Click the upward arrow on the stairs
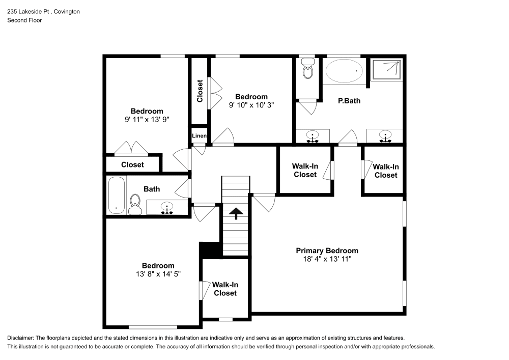tap(236, 213)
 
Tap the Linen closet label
tap(199, 135)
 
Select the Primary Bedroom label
tap(327, 251)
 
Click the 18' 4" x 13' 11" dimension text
tap(327, 259)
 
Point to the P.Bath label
tap(349, 101)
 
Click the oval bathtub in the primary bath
tap(345, 71)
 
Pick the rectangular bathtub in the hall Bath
tap(117, 195)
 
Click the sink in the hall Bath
tap(166, 207)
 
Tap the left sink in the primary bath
tap(313, 136)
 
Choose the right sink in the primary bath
tap(386, 136)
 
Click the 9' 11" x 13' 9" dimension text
tap(147, 120)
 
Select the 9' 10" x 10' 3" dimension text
tap(251, 105)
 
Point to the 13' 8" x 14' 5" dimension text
tap(158, 274)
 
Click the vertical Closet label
tap(200, 91)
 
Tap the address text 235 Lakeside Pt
tap(31, 11)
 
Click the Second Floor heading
tap(24, 20)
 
